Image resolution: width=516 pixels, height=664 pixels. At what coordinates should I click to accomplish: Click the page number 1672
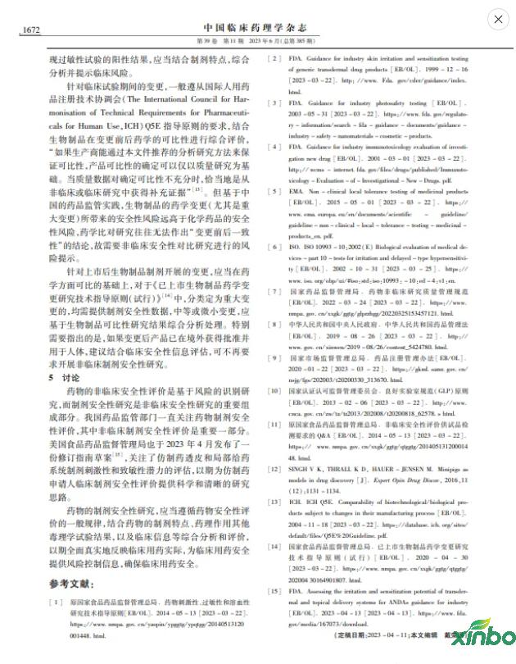pos(30,30)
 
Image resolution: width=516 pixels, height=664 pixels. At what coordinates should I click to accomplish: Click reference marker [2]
pos(270,59)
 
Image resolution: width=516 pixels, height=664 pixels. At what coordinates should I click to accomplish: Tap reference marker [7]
pos(270,291)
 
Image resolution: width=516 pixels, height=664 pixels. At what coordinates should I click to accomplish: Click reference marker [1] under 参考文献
pos(55,602)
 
